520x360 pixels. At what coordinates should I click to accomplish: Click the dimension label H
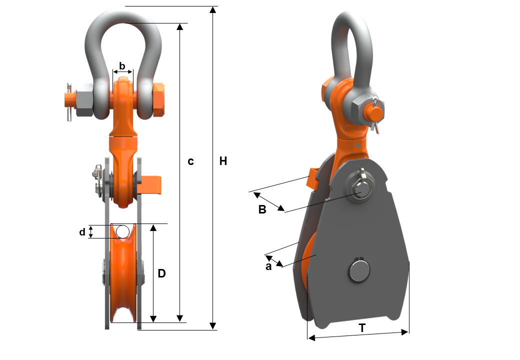click(x=223, y=161)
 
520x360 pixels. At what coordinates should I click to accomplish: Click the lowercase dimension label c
click(x=190, y=161)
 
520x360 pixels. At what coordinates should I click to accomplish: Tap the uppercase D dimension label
click(x=161, y=273)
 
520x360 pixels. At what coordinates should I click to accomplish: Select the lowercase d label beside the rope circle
click(x=82, y=232)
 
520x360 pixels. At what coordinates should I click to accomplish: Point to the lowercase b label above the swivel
click(x=122, y=66)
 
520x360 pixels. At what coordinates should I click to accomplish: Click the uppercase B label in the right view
click(x=262, y=209)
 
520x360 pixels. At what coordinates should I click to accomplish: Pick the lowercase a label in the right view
click(x=268, y=266)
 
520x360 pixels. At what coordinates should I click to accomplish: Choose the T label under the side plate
click(x=362, y=328)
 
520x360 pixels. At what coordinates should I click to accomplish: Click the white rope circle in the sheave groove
click(x=122, y=231)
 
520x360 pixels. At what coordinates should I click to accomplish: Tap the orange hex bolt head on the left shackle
click(x=159, y=99)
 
